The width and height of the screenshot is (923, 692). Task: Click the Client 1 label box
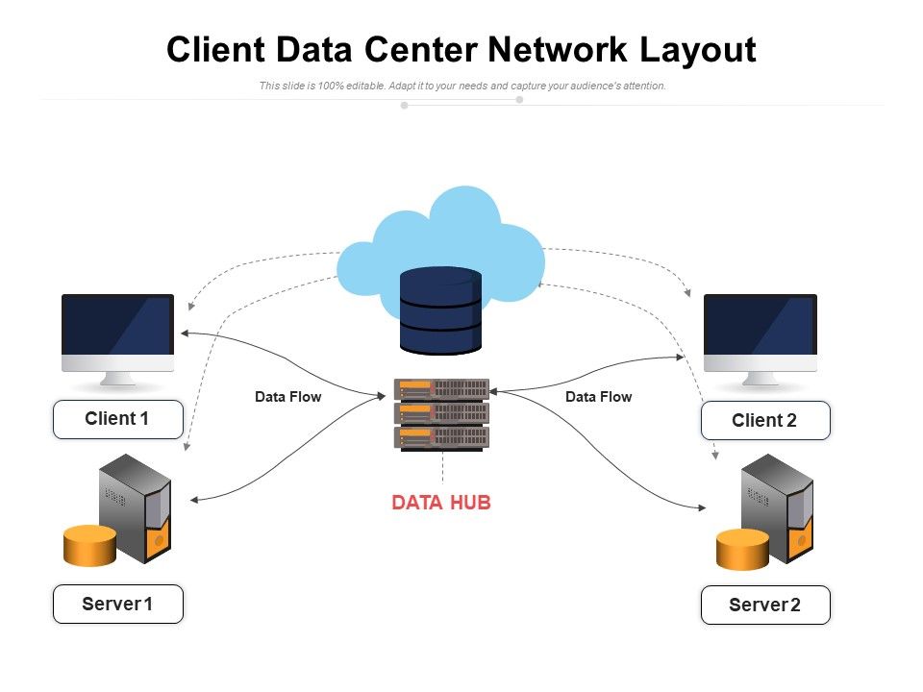click(117, 419)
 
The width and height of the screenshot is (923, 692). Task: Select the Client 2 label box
click(764, 421)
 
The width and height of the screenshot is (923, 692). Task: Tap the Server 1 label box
click(117, 604)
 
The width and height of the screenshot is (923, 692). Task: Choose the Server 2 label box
click(764, 605)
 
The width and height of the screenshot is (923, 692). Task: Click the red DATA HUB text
click(441, 503)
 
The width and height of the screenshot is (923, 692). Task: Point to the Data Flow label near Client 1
click(287, 396)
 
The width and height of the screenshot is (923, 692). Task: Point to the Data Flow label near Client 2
click(598, 396)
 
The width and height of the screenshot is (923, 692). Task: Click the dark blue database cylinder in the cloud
click(440, 310)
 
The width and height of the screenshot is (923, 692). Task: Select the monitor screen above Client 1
click(117, 325)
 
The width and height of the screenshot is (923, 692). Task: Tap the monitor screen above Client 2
click(760, 325)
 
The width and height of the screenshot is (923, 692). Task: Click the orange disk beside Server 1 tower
click(89, 545)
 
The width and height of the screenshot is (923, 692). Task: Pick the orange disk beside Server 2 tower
click(742, 549)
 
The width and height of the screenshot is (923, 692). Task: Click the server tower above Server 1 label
click(136, 507)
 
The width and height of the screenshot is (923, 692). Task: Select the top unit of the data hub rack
click(441, 388)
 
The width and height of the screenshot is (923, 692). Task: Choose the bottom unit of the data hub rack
click(441, 437)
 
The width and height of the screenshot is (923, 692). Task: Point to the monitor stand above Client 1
click(117, 379)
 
